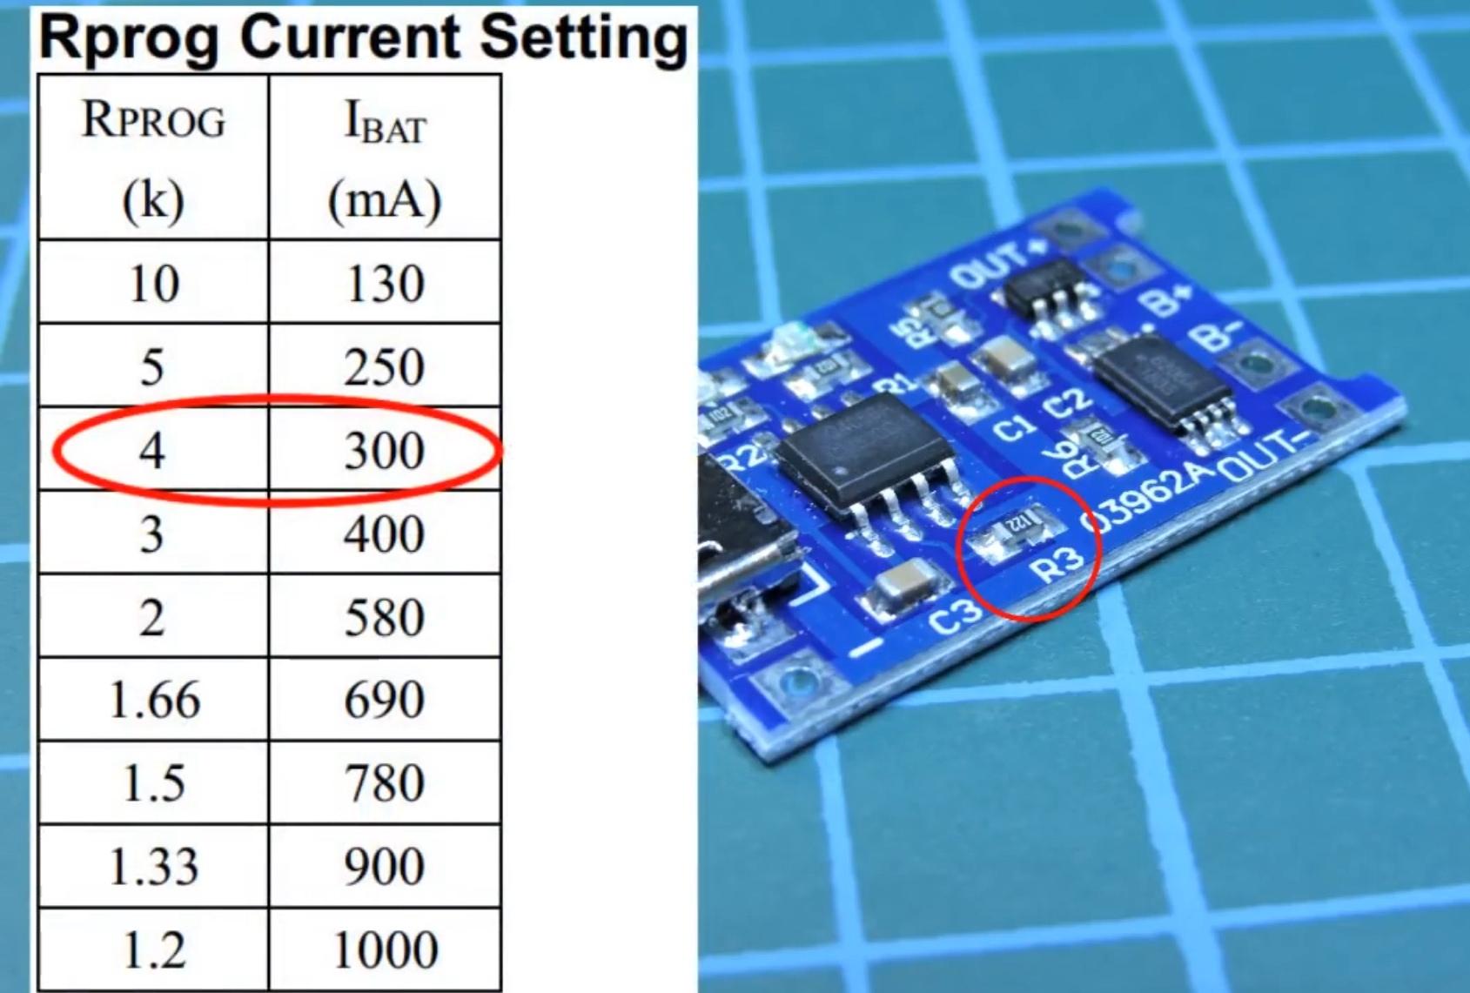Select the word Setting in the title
tap(584, 39)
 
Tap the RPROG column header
tap(153, 120)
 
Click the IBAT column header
tap(385, 122)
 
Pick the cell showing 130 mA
tap(385, 284)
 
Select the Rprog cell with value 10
tap(153, 284)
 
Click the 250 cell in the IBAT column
tap(385, 366)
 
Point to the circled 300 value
tap(385, 451)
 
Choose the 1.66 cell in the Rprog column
tap(153, 701)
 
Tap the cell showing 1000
tap(385, 949)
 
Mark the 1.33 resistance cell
tap(153, 867)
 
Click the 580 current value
tap(385, 618)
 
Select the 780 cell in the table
tap(385, 783)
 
